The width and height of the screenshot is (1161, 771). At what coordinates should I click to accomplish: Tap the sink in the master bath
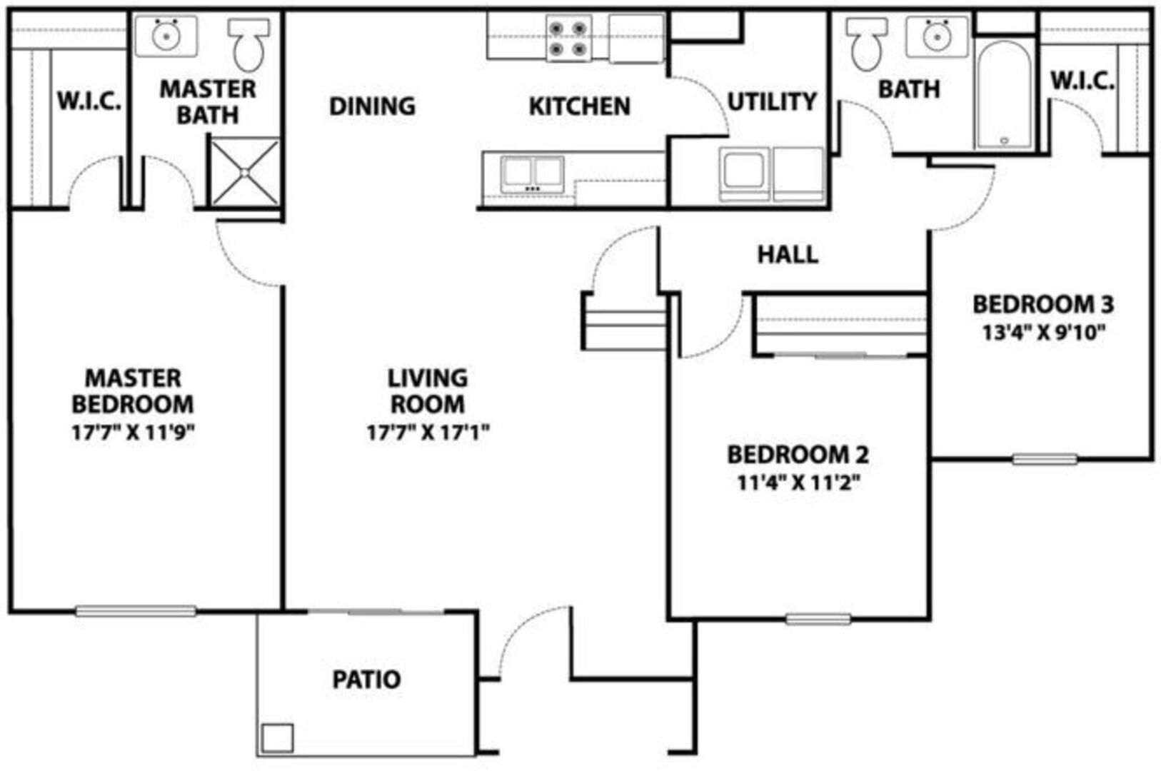(166, 36)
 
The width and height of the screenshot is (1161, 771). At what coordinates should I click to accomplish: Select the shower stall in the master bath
(245, 171)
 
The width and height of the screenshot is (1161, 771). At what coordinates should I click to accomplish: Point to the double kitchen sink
(532, 174)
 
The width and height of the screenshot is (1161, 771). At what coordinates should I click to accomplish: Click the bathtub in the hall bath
(1004, 95)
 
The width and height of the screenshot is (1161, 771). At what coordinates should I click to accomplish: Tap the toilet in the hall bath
(867, 44)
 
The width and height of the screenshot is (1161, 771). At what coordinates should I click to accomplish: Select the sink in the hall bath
(937, 36)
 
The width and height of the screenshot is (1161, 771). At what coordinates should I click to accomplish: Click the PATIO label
(366, 680)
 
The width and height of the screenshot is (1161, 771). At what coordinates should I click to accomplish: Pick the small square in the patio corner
(277, 738)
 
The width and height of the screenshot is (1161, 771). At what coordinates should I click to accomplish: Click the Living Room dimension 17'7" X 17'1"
(428, 432)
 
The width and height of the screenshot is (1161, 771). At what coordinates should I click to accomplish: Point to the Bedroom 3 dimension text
(1044, 333)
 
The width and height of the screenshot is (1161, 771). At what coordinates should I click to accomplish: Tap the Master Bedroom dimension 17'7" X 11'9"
(134, 432)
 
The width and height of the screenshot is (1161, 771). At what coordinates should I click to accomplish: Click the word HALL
(788, 255)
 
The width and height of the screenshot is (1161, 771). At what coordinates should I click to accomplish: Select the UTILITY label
(772, 101)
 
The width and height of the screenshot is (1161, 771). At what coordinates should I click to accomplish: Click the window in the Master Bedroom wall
(136, 611)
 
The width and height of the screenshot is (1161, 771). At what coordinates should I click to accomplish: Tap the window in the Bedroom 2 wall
(818, 619)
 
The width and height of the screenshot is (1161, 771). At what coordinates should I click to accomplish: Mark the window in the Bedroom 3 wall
(1045, 459)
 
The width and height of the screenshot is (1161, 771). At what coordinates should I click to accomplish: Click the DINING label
(372, 106)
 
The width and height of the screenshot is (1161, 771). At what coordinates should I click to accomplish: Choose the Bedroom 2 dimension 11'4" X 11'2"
(798, 483)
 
